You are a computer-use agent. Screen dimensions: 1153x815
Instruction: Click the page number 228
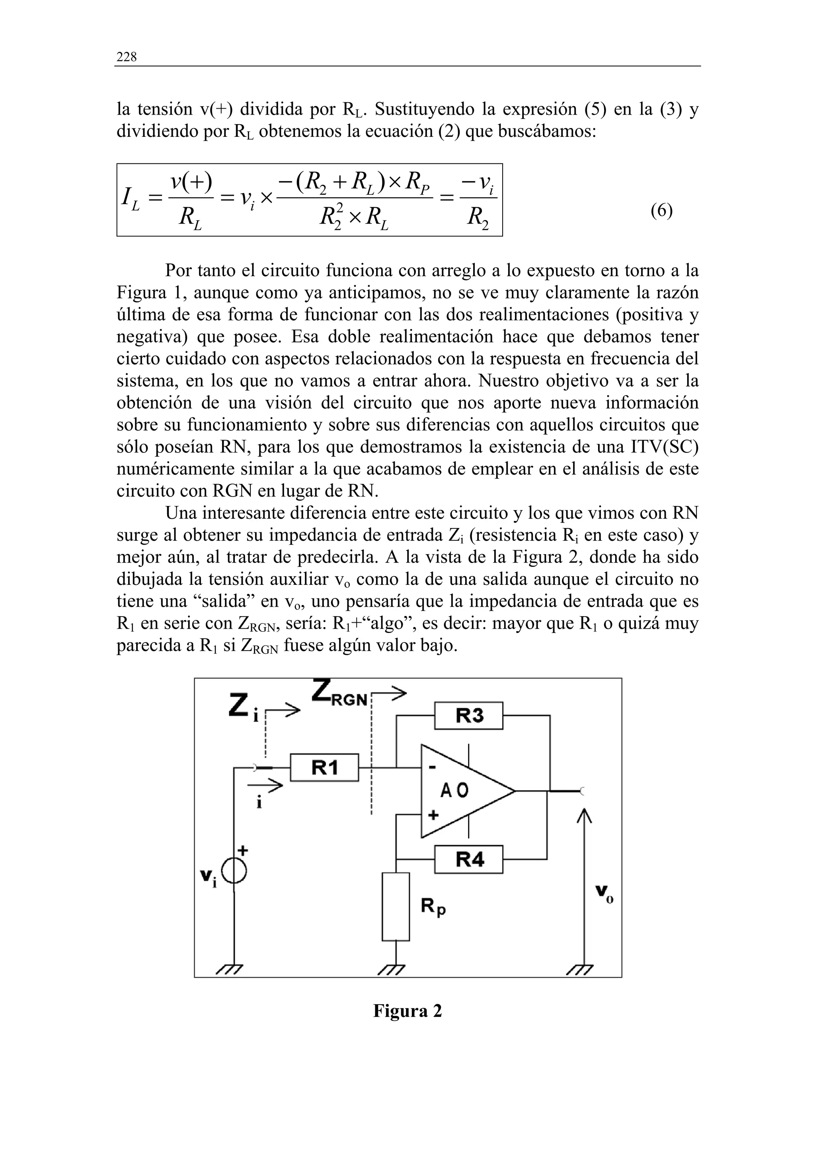click(126, 57)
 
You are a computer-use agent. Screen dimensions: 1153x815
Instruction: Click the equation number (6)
click(661, 210)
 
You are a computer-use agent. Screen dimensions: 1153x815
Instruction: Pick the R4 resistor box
click(468, 859)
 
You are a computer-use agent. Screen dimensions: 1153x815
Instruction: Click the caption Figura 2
click(407, 1011)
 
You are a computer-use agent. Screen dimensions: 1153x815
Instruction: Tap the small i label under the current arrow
click(259, 803)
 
